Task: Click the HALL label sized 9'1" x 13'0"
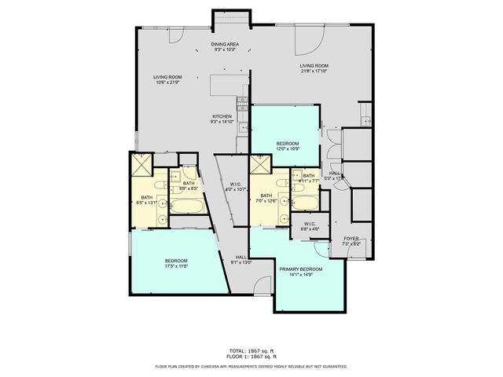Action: (240, 260)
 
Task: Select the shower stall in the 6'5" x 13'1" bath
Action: (141, 165)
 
